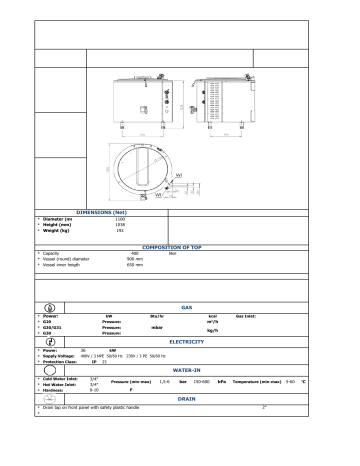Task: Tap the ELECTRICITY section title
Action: (x=188, y=341)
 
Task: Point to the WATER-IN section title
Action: (x=188, y=369)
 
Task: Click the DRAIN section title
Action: (x=188, y=397)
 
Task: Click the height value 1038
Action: (x=120, y=226)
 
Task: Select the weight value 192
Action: (x=119, y=232)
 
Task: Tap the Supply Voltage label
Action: (x=61, y=355)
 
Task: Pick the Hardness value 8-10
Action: (x=94, y=388)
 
